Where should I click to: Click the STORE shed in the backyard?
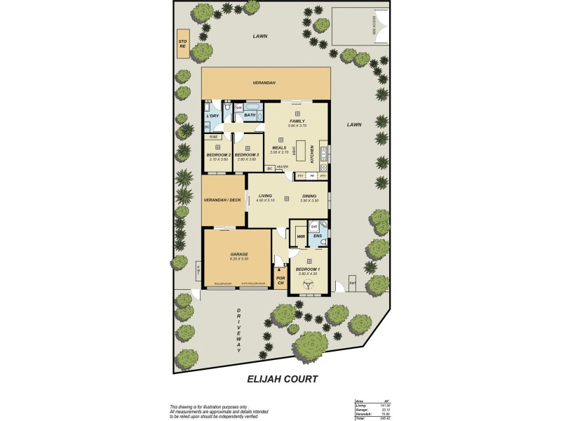point(183,44)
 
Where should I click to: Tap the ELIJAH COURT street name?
point(282,379)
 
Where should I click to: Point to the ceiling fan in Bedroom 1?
point(308,285)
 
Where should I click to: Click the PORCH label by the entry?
point(280,280)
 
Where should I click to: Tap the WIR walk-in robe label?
point(300,236)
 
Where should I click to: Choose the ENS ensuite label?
point(317,236)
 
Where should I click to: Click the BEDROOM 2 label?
point(218,154)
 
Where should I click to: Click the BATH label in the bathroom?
point(250,114)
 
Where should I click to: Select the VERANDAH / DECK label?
point(223,200)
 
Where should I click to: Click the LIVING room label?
point(265,196)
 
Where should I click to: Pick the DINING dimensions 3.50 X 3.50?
point(309,201)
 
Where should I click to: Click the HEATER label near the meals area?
point(282,166)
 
